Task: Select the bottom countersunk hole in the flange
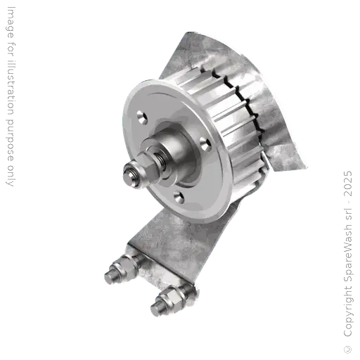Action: point(177,198)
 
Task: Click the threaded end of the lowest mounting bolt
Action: point(155,309)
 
